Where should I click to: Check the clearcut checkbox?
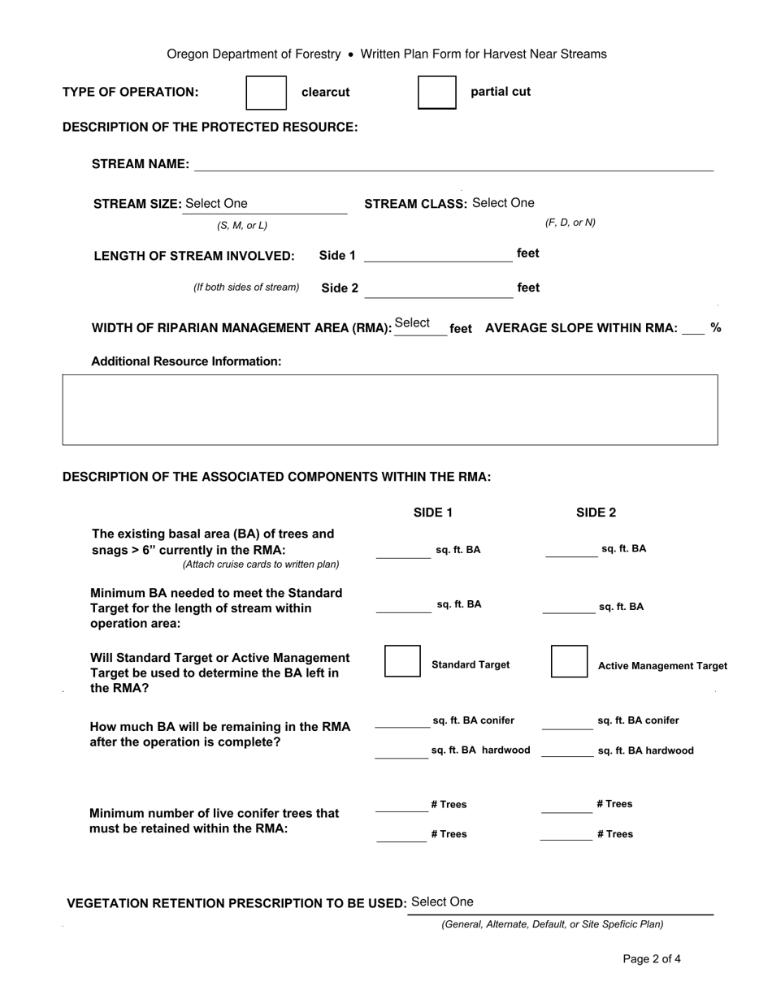267,93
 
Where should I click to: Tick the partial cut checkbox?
437,93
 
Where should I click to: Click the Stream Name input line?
453,164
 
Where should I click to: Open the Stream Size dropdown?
264,204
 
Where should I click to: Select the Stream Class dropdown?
503,203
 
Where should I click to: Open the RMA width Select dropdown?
419,324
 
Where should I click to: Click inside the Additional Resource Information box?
390,409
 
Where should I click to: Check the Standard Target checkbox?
402,661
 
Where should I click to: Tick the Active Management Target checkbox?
569,661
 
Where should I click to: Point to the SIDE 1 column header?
433,512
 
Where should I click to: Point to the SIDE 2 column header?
596,512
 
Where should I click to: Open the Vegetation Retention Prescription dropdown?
561,902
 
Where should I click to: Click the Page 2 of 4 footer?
652,959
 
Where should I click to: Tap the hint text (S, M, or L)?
242,226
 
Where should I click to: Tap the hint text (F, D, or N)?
570,223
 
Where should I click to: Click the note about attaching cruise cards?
261,564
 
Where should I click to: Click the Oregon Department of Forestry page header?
386,54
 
